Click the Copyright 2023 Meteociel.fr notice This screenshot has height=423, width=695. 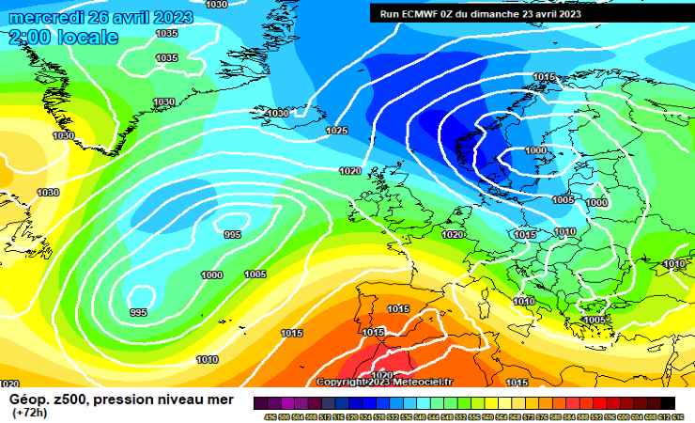(384, 382)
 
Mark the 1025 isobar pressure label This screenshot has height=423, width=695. (337, 131)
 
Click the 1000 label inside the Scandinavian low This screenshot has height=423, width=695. (535, 150)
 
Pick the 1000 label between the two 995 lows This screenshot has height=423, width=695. (211, 274)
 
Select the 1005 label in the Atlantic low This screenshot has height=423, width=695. (255, 274)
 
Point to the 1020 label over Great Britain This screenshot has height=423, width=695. (453, 234)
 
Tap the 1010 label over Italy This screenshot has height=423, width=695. (524, 301)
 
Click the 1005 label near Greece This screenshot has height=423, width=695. (594, 320)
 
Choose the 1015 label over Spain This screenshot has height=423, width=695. (398, 309)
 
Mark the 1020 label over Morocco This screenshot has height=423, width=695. (382, 375)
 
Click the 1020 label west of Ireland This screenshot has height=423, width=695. (349, 171)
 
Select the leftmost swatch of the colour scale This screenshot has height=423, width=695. (259, 402)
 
